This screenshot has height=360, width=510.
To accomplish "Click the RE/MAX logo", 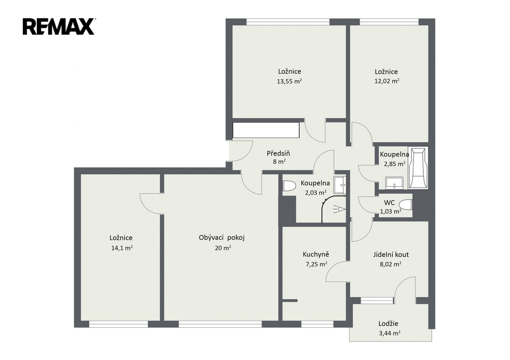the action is pos(59,27).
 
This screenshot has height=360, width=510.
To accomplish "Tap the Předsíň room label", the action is pos(278,153).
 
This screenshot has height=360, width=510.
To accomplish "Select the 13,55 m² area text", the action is pos(289,81).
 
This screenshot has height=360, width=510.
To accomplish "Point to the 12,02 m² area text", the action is pos(386,81).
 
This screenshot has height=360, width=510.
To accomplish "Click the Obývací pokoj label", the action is pos(222,238).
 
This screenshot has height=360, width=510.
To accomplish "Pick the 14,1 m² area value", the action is pos(122,248).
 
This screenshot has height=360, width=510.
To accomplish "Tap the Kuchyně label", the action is pos(316,254).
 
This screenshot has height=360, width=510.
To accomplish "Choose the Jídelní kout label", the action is pos(391,254).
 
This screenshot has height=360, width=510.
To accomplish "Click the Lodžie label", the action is pos(388,324).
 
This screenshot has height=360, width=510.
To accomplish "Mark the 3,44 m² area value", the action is pos(389,333).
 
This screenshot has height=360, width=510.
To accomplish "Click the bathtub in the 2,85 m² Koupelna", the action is pos(418,168).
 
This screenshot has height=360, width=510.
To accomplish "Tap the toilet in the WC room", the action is pos(406,205).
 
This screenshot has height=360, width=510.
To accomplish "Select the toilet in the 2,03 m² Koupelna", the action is pos(289,186).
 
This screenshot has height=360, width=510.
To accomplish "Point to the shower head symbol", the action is pos(339,209).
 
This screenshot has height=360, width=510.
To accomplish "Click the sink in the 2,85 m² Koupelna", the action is pos(394,183).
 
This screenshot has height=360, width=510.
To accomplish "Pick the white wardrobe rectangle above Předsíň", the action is pos(266,130).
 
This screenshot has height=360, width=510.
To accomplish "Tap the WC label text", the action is pos(389,203).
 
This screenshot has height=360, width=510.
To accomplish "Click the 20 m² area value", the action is pos(223,248).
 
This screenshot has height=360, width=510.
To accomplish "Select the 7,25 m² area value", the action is pos(316,264).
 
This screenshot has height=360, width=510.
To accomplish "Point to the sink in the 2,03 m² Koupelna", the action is pos(340,185).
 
